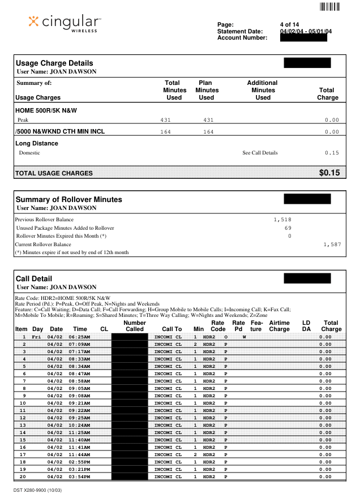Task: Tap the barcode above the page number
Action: coord(330,7)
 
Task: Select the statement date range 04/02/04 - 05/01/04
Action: coord(306,31)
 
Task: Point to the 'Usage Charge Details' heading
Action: coord(54,63)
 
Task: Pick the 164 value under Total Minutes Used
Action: coord(165,132)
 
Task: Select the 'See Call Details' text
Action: coord(260,153)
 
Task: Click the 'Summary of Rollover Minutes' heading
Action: coord(68,199)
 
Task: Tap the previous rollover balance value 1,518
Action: coord(281,218)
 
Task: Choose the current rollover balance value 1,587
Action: coord(333,244)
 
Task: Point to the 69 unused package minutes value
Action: coord(288,227)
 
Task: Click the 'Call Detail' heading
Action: coord(34,278)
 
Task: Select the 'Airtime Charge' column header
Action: coord(279,325)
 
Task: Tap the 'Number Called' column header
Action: coord(135,325)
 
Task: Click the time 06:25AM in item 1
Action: coord(80,337)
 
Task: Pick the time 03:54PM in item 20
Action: coord(80,476)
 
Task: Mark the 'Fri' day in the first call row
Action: coord(36,337)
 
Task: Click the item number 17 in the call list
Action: coord(23,454)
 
